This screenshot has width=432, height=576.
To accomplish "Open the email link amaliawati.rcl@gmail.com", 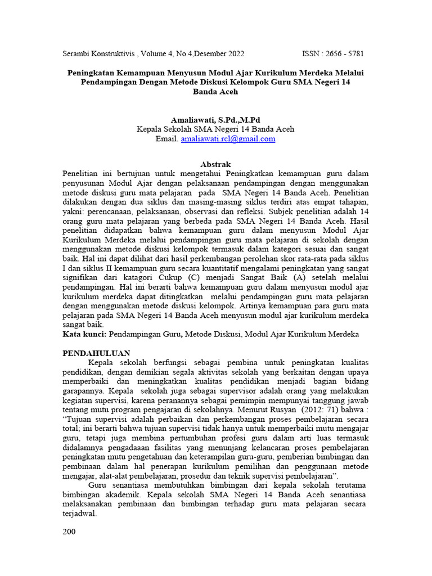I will click(x=228, y=138).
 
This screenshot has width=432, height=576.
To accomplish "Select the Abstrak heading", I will click(x=216, y=164).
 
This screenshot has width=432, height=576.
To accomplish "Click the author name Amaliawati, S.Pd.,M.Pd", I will click(x=216, y=120).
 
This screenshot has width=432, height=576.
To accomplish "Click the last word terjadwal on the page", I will click(x=79, y=514).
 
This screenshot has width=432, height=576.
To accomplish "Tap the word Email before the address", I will click(x=168, y=138).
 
